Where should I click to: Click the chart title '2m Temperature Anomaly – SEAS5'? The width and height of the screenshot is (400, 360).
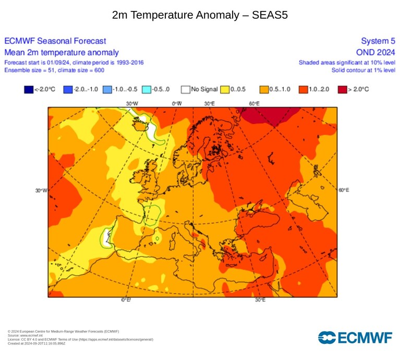click(200, 15)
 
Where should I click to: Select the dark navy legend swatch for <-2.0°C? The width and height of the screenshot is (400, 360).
click(29, 90)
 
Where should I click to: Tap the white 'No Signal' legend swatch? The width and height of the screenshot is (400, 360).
click(186, 90)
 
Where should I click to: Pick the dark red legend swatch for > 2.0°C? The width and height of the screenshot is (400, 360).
click(342, 90)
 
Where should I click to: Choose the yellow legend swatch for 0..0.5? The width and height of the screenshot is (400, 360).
click(225, 90)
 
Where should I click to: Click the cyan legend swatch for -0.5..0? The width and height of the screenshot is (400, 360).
click(147, 90)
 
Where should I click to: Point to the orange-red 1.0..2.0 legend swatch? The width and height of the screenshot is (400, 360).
click(304, 90)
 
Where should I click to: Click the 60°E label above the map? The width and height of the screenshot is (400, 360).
click(254, 104)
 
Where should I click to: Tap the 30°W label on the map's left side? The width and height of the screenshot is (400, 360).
click(41, 190)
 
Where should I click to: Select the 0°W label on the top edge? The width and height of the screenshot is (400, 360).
click(177, 104)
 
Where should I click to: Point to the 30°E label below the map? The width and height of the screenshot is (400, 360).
click(260, 300)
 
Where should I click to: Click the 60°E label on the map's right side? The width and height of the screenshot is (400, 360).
click(344, 190)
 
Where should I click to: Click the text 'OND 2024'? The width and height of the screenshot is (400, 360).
click(375, 52)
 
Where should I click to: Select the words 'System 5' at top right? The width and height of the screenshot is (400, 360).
click(378, 41)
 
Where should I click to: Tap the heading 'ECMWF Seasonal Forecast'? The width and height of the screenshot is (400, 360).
click(55, 41)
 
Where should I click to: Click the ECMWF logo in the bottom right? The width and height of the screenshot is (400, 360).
click(355, 338)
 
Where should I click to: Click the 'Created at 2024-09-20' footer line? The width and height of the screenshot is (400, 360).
click(37, 343)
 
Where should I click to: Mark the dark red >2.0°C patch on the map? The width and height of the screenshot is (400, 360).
click(271, 115)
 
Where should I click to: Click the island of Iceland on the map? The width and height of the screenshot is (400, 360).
click(139, 125)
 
